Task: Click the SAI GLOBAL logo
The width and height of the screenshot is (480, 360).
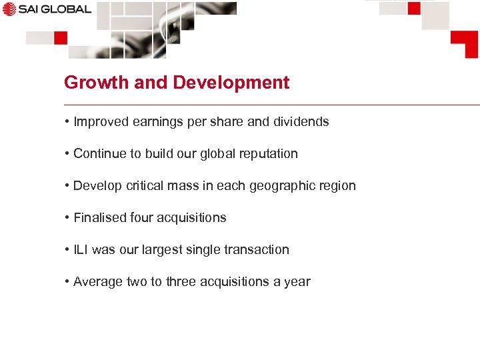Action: tap(47, 9)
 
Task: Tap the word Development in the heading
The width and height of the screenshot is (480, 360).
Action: tap(231, 83)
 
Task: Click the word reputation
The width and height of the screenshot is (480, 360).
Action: tap(268, 154)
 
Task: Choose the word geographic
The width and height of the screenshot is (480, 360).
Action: tap(283, 186)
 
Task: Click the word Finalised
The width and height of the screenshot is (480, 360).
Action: tap(99, 218)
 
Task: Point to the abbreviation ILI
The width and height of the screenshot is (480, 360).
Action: tap(81, 250)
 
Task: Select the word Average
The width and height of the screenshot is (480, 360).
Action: tap(98, 282)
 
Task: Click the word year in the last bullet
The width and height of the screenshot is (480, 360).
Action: tap(297, 282)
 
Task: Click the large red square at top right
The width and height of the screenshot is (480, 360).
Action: tap(464, 43)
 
